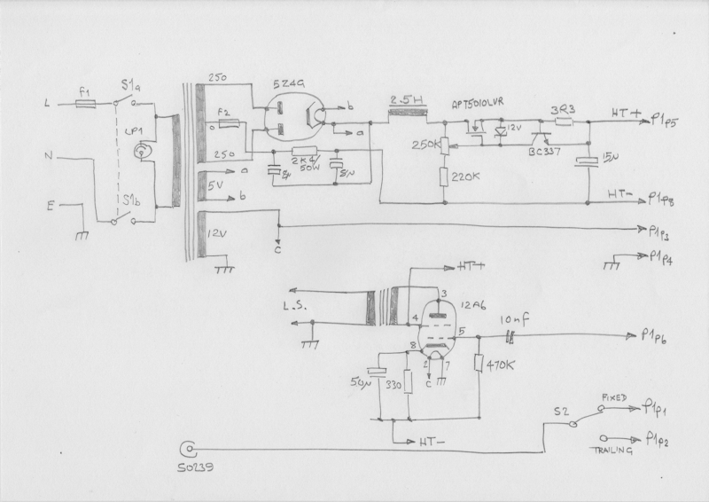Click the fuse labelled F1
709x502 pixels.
point(85,104)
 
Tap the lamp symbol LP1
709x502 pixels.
point(137,152)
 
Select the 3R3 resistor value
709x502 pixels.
point(565,111)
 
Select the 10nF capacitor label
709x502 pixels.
point(514,318)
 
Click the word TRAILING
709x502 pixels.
point(613,451)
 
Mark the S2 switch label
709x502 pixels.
point(560,411)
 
